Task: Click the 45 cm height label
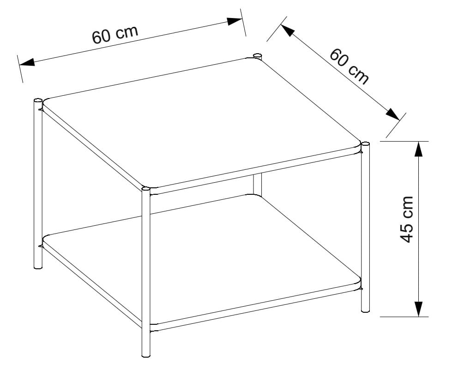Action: [x=407, y=219]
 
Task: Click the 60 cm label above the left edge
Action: [x=115, y=34]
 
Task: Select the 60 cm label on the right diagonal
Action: [x=349, y=67]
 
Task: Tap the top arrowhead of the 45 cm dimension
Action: [x=419, y=149]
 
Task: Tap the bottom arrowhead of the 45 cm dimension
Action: [x=419, y=309]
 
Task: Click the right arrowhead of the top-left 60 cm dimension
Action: [x=235, y=21]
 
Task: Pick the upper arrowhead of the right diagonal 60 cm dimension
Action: [x=287, y=31]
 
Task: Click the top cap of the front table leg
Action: [x=146, y=189]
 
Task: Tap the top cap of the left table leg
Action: [x=38, y=100]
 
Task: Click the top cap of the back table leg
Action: [x=258, y=55]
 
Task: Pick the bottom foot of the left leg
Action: [x=38, y=266]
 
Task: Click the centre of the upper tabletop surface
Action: [x=202, y=123]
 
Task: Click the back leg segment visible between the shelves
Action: [x=258, y=184]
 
